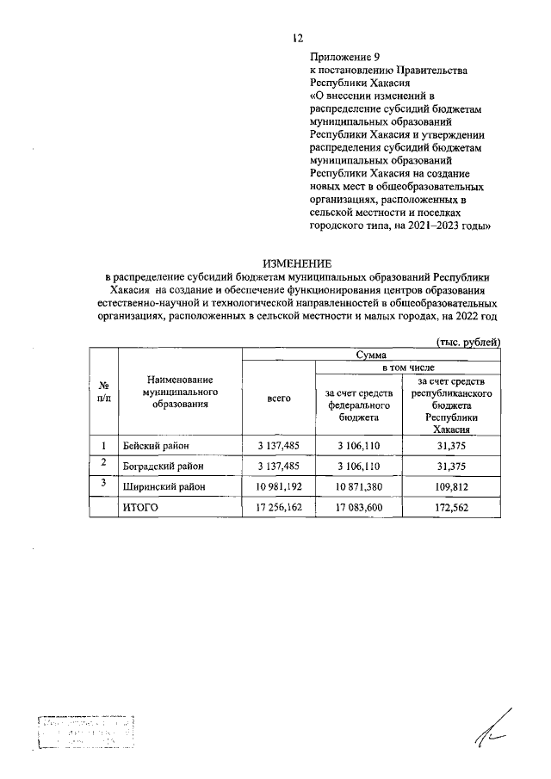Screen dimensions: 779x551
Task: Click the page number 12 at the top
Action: [x=297, y=37]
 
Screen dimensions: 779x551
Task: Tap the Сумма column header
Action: [x=371, y=355]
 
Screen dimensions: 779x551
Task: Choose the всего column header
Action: [x=278, y=398]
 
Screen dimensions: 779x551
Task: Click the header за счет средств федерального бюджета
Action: [x=358, y=405]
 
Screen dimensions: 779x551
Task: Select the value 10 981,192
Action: [x=278, y=487]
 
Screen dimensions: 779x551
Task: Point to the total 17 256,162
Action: [x=278, y=508]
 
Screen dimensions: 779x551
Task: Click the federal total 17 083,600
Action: [x=358, y=508]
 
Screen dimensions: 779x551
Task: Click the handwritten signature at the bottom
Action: [x=494, y=727]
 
